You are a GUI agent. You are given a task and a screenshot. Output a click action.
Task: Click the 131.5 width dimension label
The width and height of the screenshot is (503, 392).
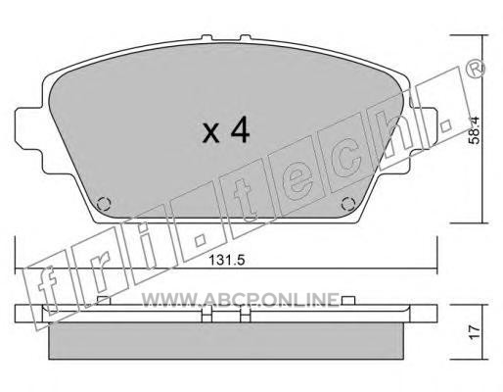pyautogui.click(x=227, y=260)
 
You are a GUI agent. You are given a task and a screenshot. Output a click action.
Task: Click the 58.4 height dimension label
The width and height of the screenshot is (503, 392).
pyautogui.click(x=474, y=130)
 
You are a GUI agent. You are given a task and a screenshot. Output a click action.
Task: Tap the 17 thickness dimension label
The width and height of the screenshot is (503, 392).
pyautogui.click(x=475, y=331)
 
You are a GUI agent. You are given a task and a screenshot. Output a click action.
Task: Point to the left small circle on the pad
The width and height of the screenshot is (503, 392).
pyautogui.click(x=104, y=204)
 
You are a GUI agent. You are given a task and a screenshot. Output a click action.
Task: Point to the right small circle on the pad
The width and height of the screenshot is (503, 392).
pyautogui.click(x=347, y=204)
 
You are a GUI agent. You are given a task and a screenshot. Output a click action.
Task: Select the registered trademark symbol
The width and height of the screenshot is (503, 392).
pyautogui.click(x=476, y=69)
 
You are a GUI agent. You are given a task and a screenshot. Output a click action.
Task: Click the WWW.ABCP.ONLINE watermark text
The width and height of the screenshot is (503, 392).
pyautogui.click(x=241, y=300)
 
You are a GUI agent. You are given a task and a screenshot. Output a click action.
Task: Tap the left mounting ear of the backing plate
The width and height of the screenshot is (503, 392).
pyautogui.click(x=28, y=128)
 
